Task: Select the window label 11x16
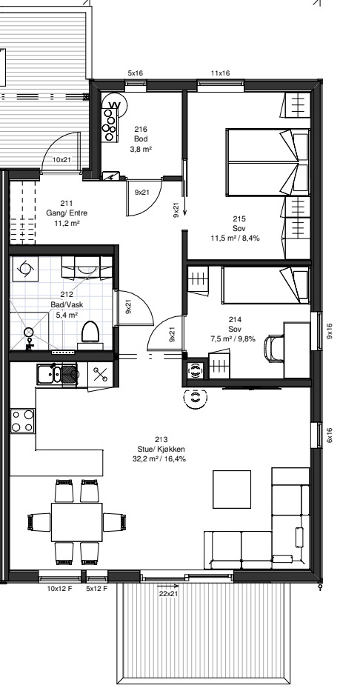click(221, 73)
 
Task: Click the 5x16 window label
click(136, 73)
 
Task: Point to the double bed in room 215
click(268, 162)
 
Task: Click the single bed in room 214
click(266, 285)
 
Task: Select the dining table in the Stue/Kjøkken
click(77, 522)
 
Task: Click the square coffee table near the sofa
click(232, 490)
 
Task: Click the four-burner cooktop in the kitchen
click(22, 421)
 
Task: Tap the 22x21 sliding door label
click(168, 594)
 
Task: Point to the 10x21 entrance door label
click(61, 160)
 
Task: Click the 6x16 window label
click(330, 435)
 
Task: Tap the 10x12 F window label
click(60, 589)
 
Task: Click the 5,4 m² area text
click(67, 315)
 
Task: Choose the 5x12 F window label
click(96, 589)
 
